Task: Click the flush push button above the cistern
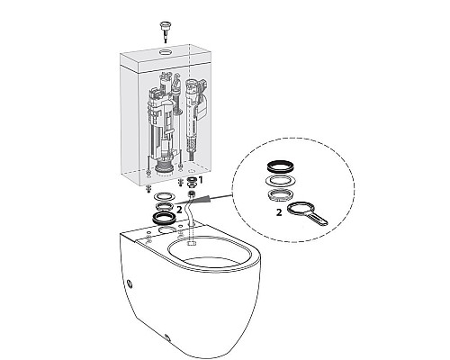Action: pos(165,26)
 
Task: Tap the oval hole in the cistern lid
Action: pos(165,52)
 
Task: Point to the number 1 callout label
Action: pos(201,180)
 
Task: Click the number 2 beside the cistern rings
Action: pos(179,210)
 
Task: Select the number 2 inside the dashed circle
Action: pos(279,212)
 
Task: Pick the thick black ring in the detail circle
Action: pos(281,166)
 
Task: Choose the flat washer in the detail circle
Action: pos(281,180)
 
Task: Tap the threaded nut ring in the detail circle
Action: pos(281,195)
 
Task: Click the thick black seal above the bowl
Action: pos(165,218)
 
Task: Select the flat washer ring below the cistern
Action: pos(164,197)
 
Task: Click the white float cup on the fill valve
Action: pos(203,107)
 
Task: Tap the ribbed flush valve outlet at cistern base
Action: pos(164,166)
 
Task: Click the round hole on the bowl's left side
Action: pos(130,283)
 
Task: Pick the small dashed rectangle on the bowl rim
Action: pos(192,242)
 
